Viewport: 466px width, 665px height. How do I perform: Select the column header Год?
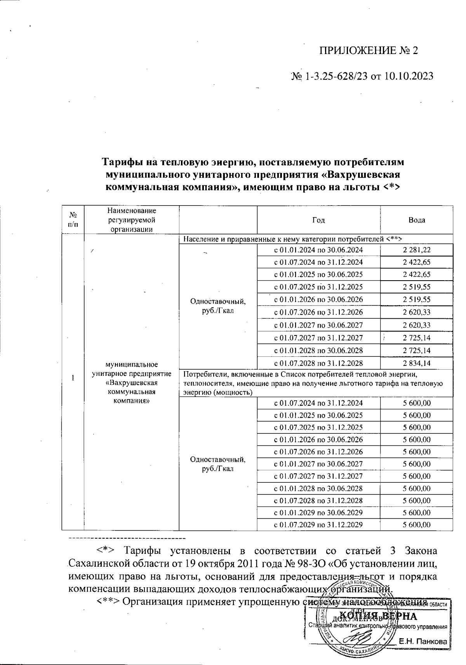tap(318, 220)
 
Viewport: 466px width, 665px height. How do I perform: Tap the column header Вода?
tap(417, 220)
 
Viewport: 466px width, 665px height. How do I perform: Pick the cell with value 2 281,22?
tap(417, 250)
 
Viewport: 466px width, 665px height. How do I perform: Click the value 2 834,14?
tap(417, 363)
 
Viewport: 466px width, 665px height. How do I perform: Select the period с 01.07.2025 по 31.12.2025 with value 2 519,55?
tap(318, 287)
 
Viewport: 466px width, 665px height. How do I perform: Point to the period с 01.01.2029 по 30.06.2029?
tap(318, 513)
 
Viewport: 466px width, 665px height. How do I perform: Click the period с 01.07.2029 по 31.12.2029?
tap(318, 525)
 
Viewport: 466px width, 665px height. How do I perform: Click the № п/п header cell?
tap(73, 220)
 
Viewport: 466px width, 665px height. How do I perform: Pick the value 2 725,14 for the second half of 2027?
tap(417, 338)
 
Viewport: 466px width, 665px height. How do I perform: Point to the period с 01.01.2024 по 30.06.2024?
tap(318, 250)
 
